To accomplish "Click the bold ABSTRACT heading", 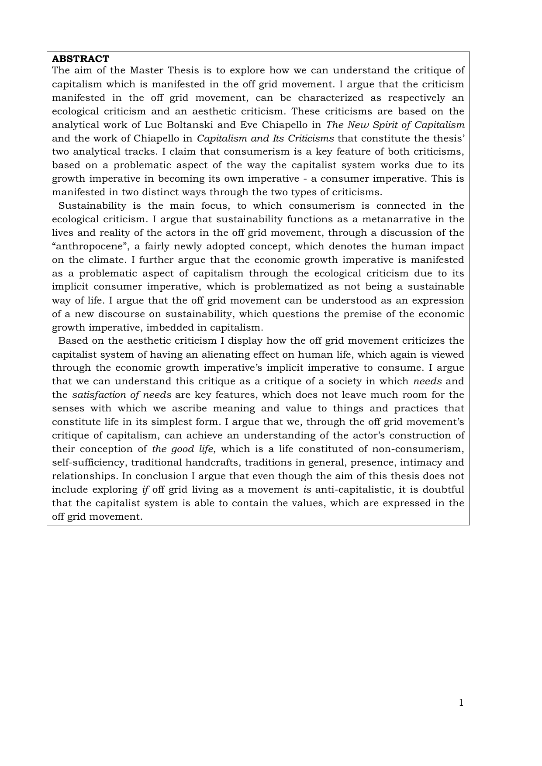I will (80, 59).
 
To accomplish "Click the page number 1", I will (461, 703).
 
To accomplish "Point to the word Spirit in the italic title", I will (390, 125).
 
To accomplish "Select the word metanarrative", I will (400, 219).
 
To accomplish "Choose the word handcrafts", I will (214, 462).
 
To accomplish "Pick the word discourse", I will (114, 314).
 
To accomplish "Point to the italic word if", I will (146, 490).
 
